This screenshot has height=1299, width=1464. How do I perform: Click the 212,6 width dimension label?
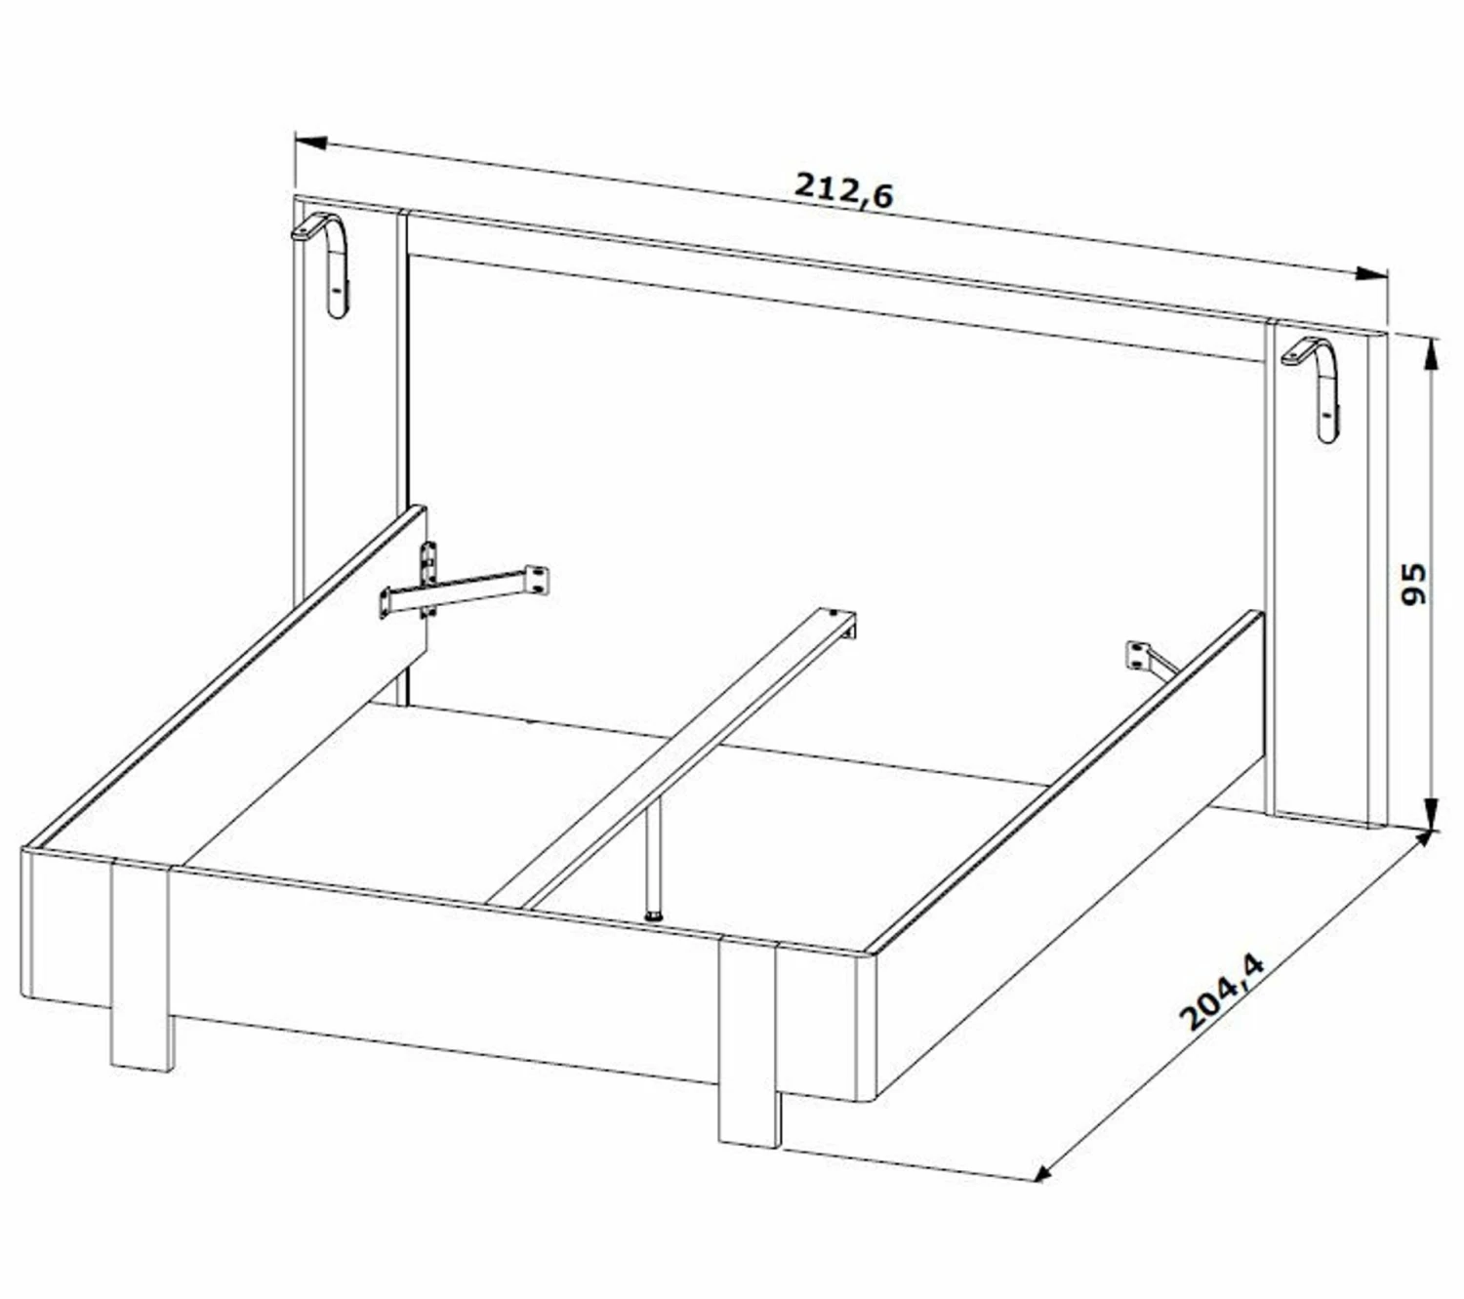click(x=843, y=190)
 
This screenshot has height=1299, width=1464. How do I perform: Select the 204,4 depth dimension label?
click(x=1222, y=992)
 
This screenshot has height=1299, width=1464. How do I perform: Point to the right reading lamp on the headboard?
click(x=1314, y=386)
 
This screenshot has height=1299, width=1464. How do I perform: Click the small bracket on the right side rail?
click(x=1149, y=660)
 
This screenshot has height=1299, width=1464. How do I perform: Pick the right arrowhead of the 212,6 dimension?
click(x=1370, y=273)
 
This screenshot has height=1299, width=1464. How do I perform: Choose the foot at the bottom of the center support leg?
click(x=656, y=916)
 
